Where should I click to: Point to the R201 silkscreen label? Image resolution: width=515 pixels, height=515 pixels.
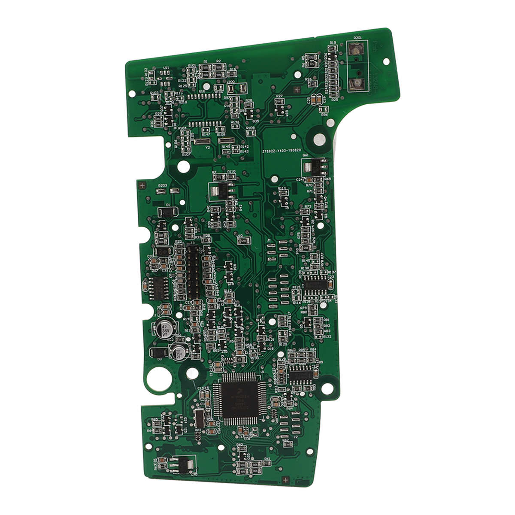[357, 38]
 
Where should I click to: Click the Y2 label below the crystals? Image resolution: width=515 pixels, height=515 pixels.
[208, 147]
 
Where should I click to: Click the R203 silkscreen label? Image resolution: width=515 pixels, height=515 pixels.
[163, 185]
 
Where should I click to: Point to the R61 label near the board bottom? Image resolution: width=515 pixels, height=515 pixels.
[267, 458]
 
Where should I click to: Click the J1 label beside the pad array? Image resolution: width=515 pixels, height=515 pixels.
[269, 240]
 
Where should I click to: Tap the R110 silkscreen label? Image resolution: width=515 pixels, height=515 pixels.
[231, 171]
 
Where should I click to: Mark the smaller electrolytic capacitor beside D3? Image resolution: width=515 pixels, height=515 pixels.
[180, 353]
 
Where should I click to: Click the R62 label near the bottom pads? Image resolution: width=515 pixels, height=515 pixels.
[285, 440]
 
